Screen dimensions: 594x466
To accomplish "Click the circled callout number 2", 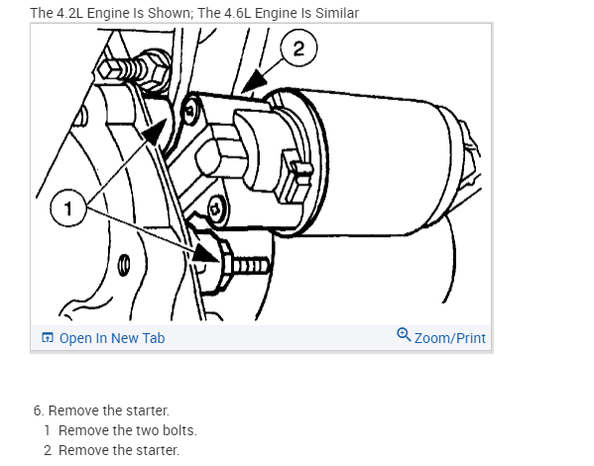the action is coord(298,49).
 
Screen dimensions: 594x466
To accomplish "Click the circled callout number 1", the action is coord(68,208).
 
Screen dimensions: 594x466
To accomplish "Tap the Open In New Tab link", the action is coord(112,338).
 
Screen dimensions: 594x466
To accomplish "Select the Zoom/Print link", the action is coord(450,338).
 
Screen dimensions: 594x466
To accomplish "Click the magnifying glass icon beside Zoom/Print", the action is coord(404,335).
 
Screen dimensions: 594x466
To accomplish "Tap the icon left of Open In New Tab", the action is coord(47,337).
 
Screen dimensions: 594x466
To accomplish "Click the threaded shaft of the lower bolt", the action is coord(251,265).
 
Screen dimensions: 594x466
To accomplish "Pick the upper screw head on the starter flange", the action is coord(191,110).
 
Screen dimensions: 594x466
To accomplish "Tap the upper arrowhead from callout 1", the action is coord(156,132).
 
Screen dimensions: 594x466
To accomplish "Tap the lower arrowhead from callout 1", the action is coord(205,252).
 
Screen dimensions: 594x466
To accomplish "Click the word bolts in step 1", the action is coord(179,430).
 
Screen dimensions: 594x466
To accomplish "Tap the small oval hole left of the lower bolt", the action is coord(124,265).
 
